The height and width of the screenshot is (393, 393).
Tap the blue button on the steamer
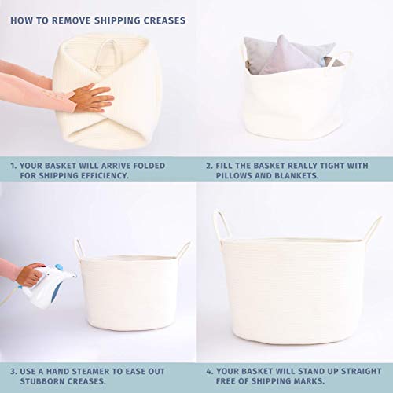(x=59, y=267)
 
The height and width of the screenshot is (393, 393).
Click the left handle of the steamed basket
(x=79, y=249)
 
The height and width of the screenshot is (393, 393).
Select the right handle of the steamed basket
(x=183, y=250)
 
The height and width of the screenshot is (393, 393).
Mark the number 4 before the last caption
(x=209, y=372)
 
